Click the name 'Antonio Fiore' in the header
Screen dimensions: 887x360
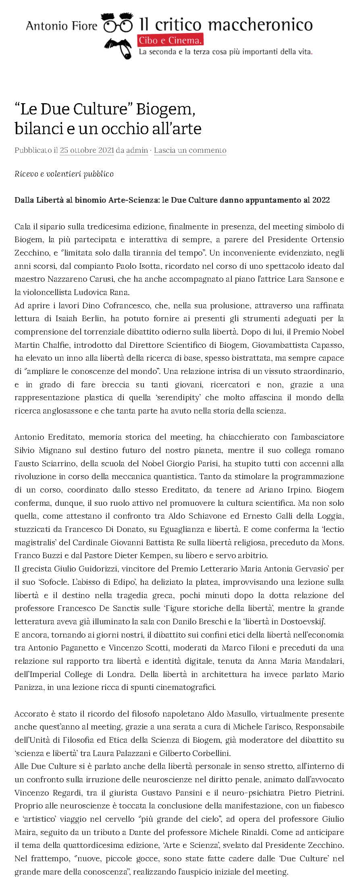[x=62, y=26]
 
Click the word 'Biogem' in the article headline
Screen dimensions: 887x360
[x=166, y=109]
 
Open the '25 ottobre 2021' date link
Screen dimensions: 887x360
[x=87, y=150]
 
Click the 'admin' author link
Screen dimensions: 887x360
[x=137, y=150]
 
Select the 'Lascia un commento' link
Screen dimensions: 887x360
[x=190, y=150]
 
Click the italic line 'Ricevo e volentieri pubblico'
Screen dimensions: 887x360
[x=64, y=174]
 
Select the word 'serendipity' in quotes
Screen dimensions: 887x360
[x=180, y=398]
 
